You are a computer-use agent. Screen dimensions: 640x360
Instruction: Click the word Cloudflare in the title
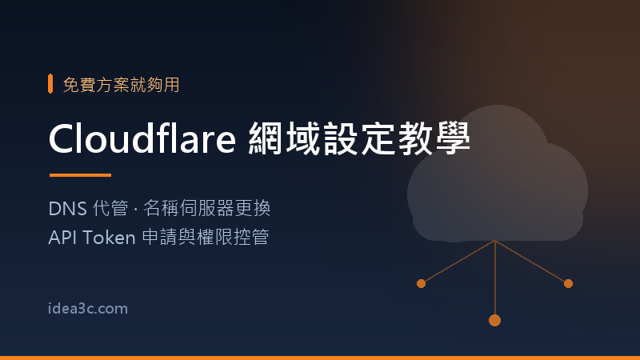(142, 138)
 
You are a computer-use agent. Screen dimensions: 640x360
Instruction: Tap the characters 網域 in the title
(284, 138)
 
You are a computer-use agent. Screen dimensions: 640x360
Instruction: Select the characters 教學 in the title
(434, 138)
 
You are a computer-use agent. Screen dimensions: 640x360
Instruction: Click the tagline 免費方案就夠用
(122, 85)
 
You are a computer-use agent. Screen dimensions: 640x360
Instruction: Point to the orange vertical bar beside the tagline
(50, 84)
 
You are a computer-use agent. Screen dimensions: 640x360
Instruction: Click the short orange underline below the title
(81, 175)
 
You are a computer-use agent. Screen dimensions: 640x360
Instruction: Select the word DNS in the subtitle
(68, 209)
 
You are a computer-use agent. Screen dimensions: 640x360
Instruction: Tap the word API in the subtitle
(63, 238)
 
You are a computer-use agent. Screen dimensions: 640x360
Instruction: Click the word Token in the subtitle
(109, 238)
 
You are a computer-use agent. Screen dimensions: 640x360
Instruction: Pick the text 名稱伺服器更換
(207, 208)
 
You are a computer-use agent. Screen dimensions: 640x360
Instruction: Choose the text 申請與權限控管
(206, 237)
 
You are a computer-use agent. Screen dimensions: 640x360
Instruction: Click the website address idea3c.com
(88, 309)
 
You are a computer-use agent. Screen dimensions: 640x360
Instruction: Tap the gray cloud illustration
(497, 175)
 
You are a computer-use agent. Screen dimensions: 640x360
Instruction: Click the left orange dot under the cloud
(422, 284)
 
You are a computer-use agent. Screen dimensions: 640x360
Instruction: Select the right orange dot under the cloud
(568, 284)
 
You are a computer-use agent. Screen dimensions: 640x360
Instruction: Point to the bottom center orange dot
(494, 321)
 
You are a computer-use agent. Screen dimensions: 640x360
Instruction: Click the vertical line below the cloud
(494, 278)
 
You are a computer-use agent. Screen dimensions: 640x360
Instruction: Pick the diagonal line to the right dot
(530, 262)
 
